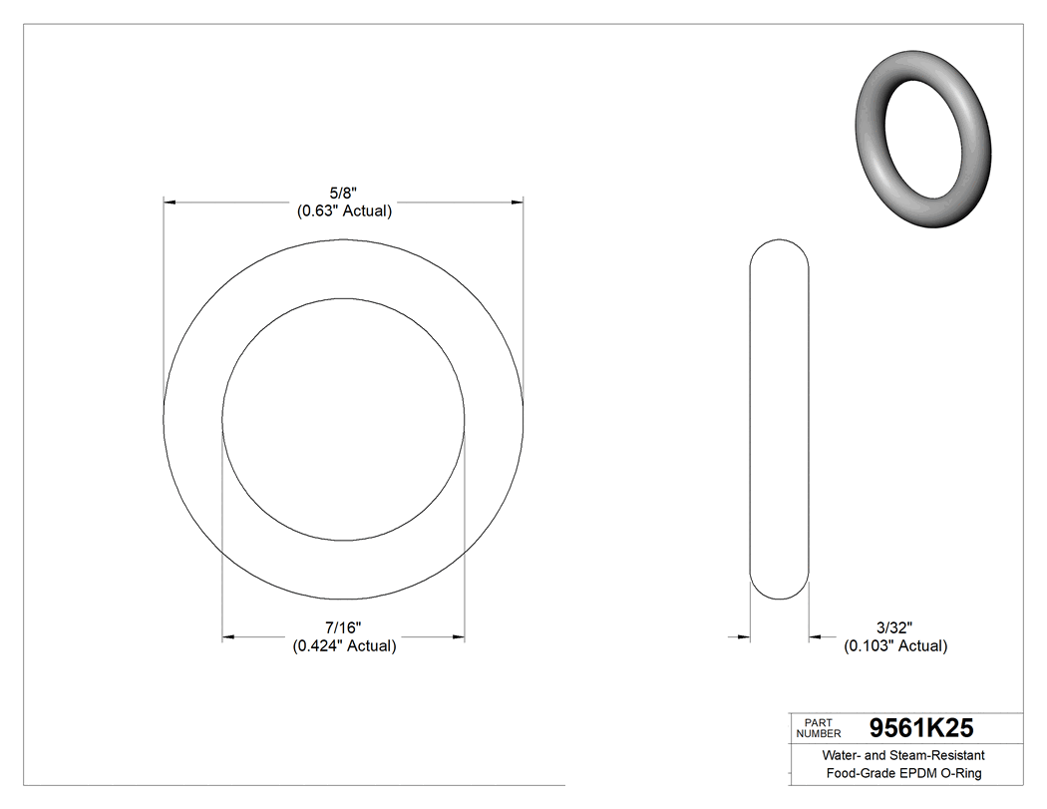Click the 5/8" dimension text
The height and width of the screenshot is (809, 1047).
point(343,194)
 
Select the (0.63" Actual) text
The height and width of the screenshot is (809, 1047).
point(343,211)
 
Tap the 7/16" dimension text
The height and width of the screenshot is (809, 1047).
point(343,627)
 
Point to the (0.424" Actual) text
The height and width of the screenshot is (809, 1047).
point(344,645)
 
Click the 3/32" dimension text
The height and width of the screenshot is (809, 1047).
point(894,627)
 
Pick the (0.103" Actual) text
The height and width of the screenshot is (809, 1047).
point(895,645)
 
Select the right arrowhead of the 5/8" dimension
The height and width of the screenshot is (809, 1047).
point(518,202)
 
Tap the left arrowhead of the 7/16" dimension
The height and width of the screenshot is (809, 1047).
point(228,636)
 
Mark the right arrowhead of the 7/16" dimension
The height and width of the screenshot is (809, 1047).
point(459,636)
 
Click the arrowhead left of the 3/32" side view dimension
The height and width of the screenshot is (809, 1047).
point(742,635)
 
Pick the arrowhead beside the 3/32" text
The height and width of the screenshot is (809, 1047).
point(815,635)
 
